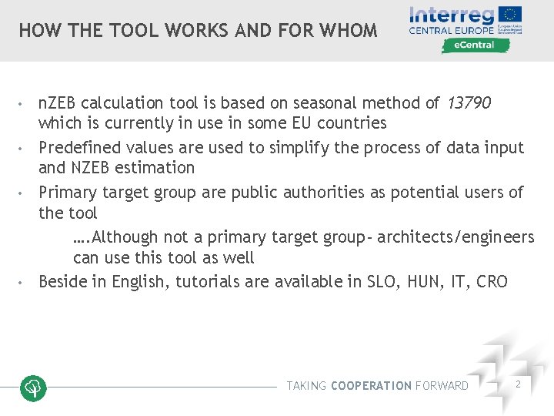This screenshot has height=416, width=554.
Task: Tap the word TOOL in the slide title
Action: pos(137,31)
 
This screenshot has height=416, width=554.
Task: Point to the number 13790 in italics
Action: pos(468,102)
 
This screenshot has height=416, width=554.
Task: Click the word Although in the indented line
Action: pos(124,237)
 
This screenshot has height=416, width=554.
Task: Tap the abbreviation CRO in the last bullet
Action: pos(492,281)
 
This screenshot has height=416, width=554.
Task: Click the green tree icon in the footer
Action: pos(33,387)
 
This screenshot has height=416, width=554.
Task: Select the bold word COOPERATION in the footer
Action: pos(371,386)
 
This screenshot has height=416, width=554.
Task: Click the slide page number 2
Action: pos(518,384)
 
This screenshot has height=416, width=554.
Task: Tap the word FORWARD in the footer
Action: pos(442,386)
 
